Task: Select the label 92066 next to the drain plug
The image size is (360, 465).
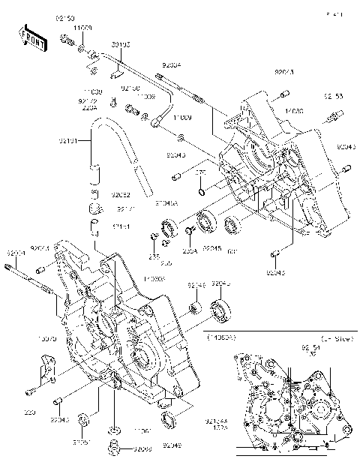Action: [142, 449]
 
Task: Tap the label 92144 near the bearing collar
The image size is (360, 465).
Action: [196, 285]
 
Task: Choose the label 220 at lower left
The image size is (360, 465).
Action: [30, 412]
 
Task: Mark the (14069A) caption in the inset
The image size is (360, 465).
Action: [220, 338]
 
